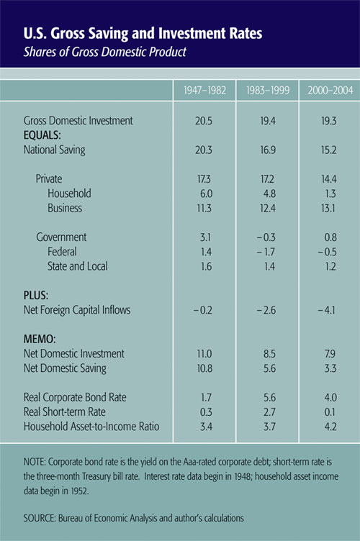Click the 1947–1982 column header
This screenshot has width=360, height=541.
click(x=204, y=91)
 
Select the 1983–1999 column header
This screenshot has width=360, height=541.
click(x=268, y=91)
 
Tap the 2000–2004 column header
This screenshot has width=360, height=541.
click(x=330, y=91)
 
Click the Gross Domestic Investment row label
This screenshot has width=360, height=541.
click(x=78, y=121)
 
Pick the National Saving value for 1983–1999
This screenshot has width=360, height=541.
click(x=268, y=150)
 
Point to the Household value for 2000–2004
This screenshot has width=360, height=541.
click(x=330, y=194)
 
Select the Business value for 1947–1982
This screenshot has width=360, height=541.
click(x=204, y=209)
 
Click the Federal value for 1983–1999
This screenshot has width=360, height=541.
click(x=266, y=252)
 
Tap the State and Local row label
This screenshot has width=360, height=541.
click(x=77, y=266)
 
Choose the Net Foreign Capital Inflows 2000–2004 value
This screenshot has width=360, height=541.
click(x=326, y=310)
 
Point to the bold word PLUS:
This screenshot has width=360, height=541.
click(x=36, y=296)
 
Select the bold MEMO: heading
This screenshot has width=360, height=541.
click(x=40, y=339)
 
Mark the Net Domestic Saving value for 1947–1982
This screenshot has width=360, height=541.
click(x=204, y=368)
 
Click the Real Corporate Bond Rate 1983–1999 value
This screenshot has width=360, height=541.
click(x=269, y=397)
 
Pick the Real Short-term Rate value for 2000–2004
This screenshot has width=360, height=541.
click(x=330, y=412)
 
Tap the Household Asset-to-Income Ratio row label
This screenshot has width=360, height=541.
click(x=91, y=427)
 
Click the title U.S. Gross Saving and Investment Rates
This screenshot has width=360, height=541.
click(x=143, y=34)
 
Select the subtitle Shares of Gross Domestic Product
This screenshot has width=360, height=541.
click(x=105, y=52)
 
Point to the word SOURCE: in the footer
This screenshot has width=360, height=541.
click(x=40, y=518)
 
